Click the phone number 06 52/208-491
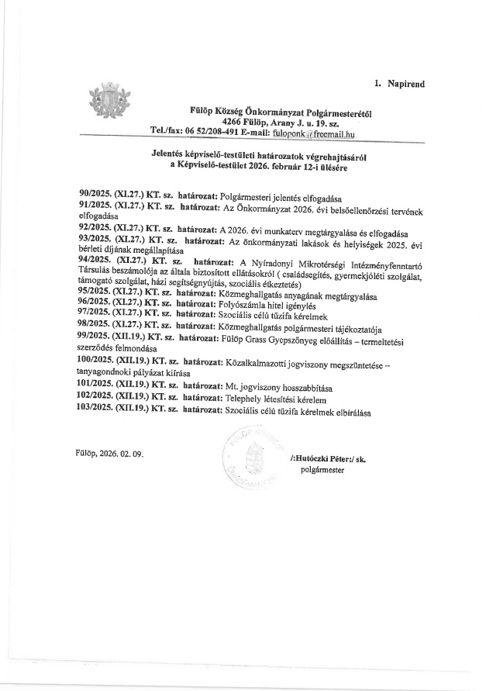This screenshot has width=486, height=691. point(220,133)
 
